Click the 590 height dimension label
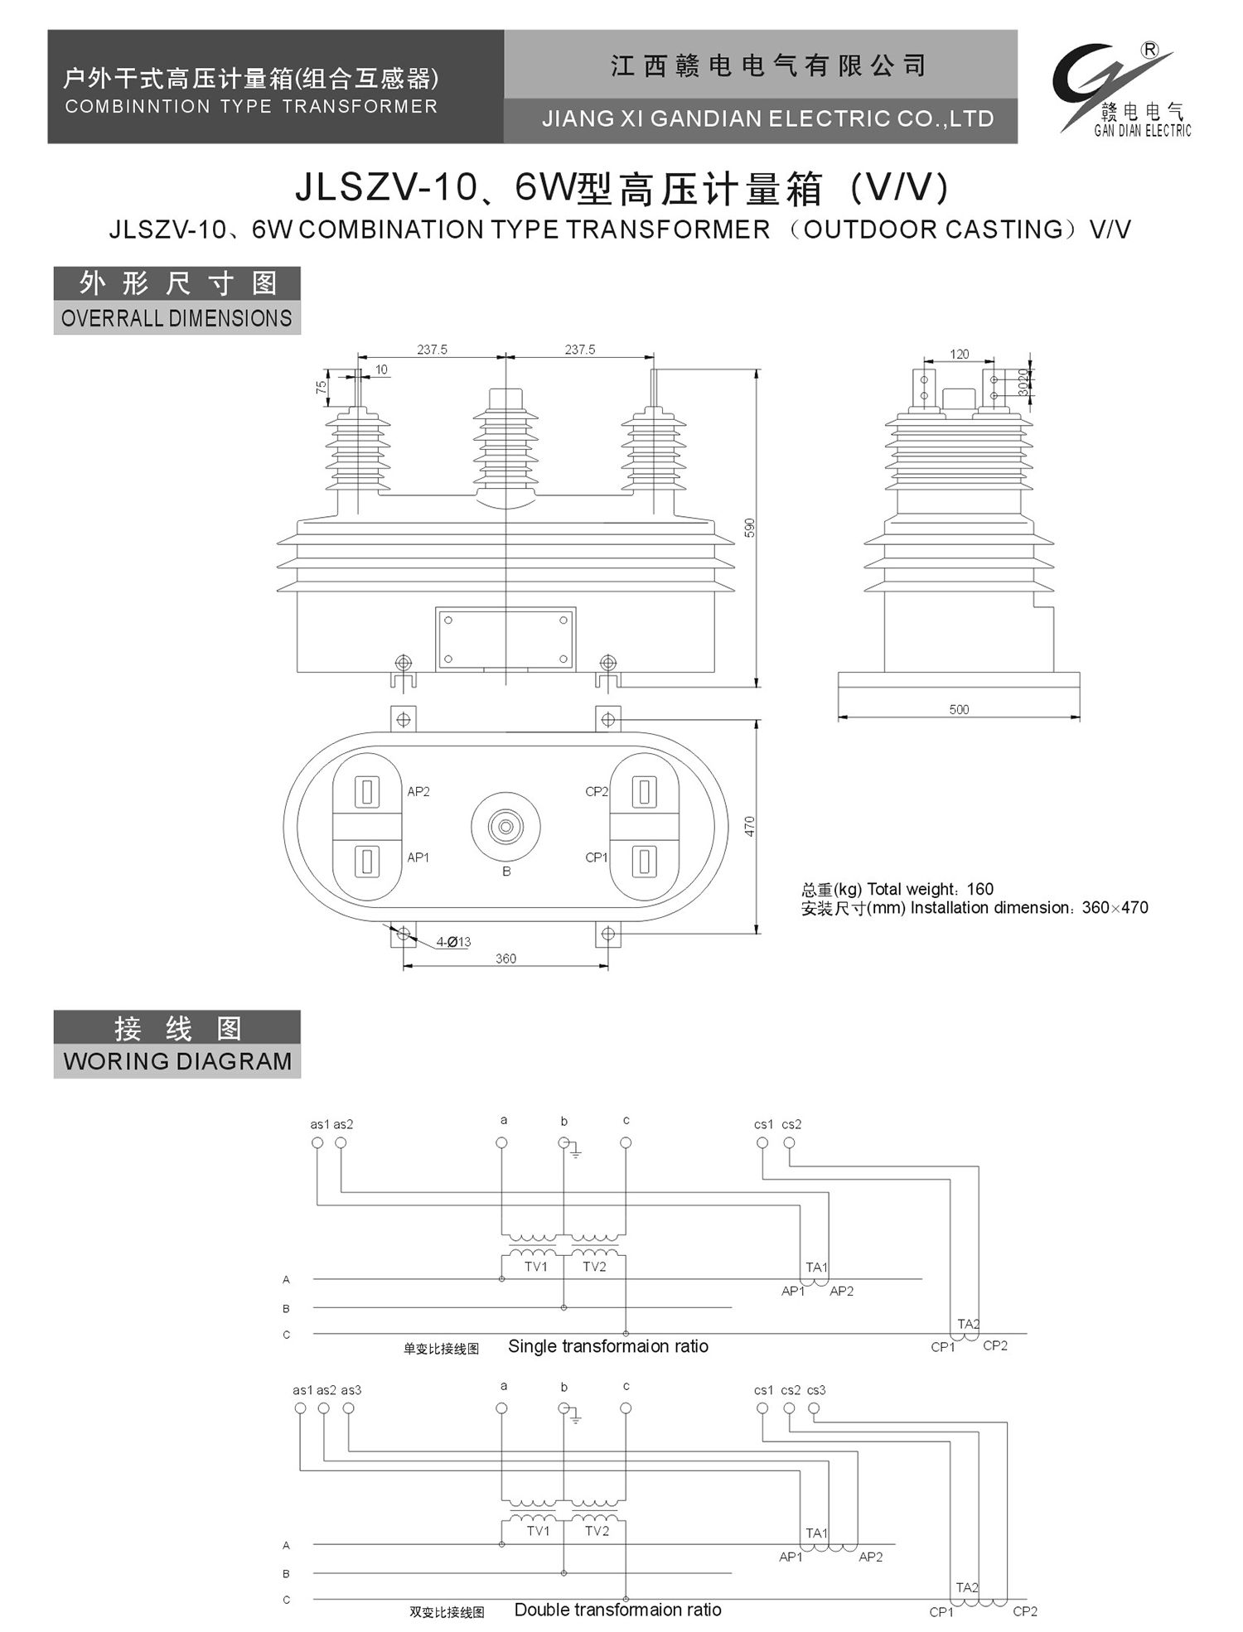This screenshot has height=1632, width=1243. (749, 528)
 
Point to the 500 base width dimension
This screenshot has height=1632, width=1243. (959, 709)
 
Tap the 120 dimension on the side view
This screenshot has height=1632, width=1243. (959, 355)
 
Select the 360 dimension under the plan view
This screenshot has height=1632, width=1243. (505, 958)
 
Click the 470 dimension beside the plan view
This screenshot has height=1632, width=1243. (749, 826)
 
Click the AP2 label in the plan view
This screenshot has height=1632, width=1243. (418, 792)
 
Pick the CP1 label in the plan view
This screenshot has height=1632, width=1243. (596, 857)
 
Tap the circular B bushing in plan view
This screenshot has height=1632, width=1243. (505, 826)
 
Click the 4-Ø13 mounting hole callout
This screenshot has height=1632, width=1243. (453, 942)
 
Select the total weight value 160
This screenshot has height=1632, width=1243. (979, 889)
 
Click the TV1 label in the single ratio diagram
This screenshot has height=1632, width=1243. (536, 1267)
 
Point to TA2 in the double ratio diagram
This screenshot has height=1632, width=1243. (967, 1587)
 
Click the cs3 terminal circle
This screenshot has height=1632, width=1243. (814, 1408)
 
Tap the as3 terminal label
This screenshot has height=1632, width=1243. (351, 1390)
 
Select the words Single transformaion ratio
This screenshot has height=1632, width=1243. (608, 1346)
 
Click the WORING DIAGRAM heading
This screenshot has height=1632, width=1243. (177, 1061)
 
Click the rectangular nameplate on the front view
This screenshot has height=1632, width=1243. (505, 639)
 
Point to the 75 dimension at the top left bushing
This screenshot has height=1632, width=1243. (321, 387)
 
